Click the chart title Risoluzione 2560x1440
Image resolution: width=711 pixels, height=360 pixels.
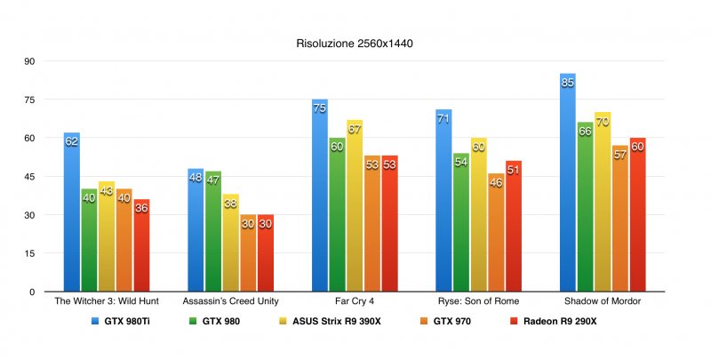tap(355, 42)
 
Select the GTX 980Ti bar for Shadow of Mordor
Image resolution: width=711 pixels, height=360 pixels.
tap(568, 187)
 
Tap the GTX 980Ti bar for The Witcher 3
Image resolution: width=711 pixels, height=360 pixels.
tap(72, 213)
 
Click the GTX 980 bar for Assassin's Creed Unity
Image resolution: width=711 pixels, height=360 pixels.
tap(213, 232)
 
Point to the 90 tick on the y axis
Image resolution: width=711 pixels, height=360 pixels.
tap(29, 61)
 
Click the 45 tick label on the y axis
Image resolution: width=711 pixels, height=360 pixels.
tap(29, 177)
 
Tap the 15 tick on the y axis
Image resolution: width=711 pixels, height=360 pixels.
tap(29, 253)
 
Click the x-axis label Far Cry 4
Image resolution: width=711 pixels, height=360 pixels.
tap(355, 302)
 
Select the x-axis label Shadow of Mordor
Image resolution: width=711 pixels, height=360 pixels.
tap(603, 302)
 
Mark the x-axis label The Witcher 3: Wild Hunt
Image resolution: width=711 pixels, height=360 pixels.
tap(107, 302)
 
